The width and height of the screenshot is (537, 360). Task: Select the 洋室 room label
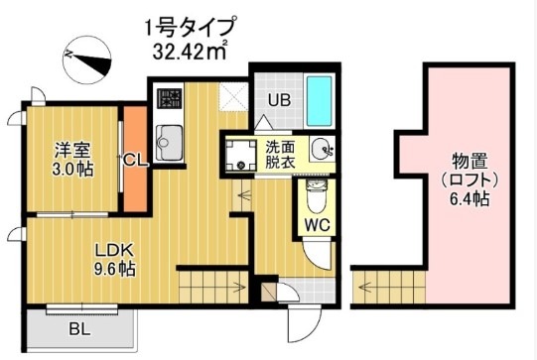click(72, 152)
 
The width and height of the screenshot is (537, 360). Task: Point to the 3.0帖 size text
click(72, 171)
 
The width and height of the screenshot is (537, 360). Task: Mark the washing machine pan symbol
click(239, 154)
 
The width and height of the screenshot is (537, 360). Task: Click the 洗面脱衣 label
click(279, 155)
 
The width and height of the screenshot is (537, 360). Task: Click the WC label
click(316, 223)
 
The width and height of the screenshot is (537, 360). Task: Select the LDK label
click(113, 248)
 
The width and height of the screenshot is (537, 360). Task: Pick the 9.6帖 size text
click(114, 268)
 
